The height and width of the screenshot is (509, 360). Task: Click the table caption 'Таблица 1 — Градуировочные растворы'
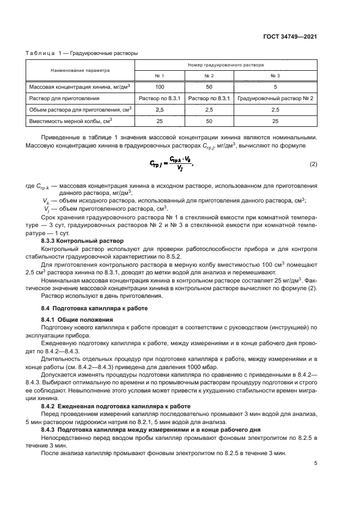click(82, 53)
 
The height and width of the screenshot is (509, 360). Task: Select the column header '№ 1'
click(160, 76)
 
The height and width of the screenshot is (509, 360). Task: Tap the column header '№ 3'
click(275, 76)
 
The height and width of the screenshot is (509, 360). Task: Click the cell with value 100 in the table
click(160, 87)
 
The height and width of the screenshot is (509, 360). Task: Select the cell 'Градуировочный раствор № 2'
click(275, 99)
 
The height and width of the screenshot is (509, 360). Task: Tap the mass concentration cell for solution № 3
click(275, 87)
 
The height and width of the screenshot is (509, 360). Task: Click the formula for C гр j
click(170, 164)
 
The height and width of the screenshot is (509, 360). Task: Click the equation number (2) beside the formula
click(313, 164)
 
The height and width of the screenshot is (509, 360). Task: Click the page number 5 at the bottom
click(315, 464)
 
